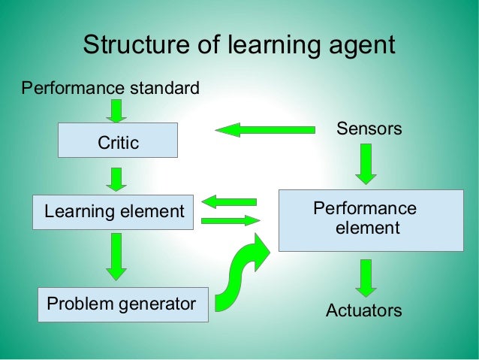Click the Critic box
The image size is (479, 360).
(118, 141)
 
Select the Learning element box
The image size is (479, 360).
(113, 212)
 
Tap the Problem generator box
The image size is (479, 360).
(123, 304)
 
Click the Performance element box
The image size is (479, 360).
(371, 219)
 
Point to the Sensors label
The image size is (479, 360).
(369, 129)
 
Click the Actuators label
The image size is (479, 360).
(363, 310)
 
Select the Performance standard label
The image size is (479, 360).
(110, 89)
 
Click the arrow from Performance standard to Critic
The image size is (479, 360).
(116, 110)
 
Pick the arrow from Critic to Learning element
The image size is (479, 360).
(116, 179)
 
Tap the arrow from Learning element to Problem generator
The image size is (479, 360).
(116, 256)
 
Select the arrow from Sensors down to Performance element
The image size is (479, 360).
(366, 163)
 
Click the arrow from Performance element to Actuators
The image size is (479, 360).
(366, 277)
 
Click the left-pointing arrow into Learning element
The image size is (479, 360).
(229, 201)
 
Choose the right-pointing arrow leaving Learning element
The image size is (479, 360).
(230, 220)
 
